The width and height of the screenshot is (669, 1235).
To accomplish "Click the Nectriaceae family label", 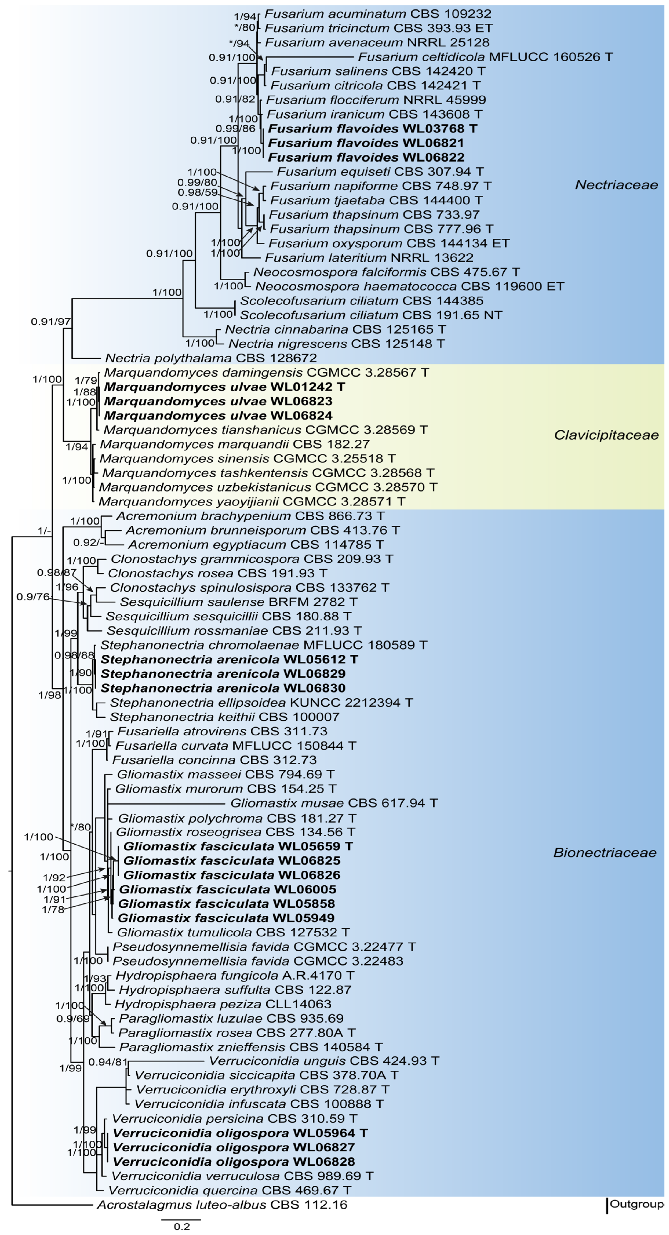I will click(616, 185).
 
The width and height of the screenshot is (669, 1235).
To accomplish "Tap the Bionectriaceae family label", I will click(605, 853).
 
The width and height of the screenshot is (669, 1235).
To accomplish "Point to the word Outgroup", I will click(636, 1204).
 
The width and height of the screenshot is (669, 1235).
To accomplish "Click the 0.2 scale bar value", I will click(182, 1226).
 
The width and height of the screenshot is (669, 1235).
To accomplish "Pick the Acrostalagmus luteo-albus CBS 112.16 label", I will click(222, 1204).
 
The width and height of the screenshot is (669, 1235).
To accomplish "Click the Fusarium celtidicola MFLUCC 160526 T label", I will click(485, 57).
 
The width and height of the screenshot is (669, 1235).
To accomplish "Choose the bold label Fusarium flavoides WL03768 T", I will click(372, 129).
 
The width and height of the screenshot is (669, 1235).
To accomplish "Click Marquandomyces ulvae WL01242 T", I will click(224, 387).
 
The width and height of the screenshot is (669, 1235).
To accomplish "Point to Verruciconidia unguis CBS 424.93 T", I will click(324, 1061).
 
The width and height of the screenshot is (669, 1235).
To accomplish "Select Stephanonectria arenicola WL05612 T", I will click(229, 659).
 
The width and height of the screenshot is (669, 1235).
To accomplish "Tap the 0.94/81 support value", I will click(108, 1062).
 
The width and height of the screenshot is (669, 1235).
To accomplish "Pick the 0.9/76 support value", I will click(33, 597).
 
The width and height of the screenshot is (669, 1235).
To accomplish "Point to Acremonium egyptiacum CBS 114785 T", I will click(256, 545).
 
